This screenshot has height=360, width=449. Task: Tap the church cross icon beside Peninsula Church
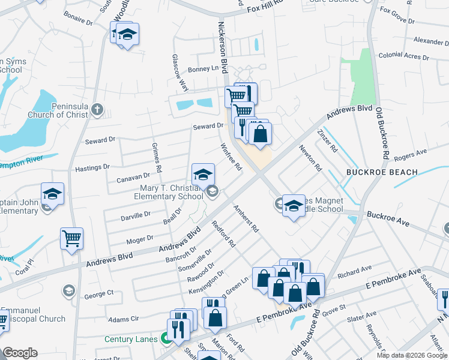click(x=98, y=110)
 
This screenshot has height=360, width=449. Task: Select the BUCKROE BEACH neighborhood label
click(x=382, y=172)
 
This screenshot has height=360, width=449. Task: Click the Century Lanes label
click(x=134, y=339)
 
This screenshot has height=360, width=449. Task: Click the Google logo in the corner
click(x=20, y=353)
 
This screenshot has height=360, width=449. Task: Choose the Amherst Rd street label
click(x=246, y=220)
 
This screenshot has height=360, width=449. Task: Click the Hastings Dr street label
click(x=90, y=167)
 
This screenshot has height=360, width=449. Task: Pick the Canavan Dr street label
click(x=133, y=176)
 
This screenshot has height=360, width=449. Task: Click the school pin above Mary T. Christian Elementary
click(x=203, y=175)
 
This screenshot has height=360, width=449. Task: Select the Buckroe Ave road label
click(x=388, y=218)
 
